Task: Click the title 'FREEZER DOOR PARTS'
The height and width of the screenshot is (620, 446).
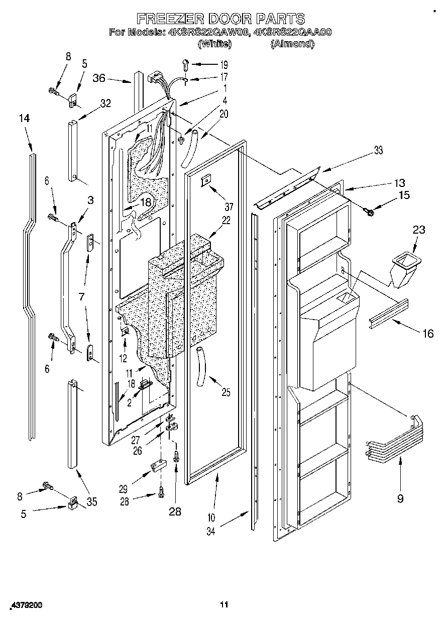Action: tap(221, 19)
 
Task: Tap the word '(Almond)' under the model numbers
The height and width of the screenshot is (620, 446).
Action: tap(293, 44)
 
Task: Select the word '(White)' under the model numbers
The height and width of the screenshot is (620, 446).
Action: tap(214, 44)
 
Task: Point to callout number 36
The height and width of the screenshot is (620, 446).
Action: tap(99, 78)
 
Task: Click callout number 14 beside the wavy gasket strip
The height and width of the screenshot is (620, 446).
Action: tap(24, 119)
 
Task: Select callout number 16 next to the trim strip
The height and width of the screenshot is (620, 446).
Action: tap(427, 333)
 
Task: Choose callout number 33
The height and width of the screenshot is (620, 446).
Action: tap(378, 150)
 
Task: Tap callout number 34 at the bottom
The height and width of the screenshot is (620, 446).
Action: tap(210, 531)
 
